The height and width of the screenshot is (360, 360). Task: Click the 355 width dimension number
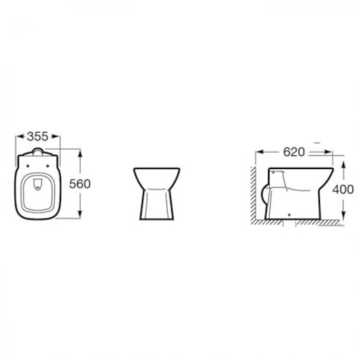tap(38, 136)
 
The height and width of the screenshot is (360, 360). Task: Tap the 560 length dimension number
tap(80, 183)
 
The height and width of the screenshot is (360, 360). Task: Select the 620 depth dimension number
tap(294, 152)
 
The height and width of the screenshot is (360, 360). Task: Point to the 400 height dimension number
tap(343, 189)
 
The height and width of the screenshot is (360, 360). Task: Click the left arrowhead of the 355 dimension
tap(19, 136)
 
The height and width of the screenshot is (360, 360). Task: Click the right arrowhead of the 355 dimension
tap(57, 136)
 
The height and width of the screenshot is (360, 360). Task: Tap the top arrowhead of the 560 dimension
tap(80, 153)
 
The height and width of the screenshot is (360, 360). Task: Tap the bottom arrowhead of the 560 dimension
tap(80, 214)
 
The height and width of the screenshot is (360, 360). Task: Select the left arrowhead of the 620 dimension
tap(260, 153)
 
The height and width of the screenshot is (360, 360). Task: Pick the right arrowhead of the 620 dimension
tap(329, 153)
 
